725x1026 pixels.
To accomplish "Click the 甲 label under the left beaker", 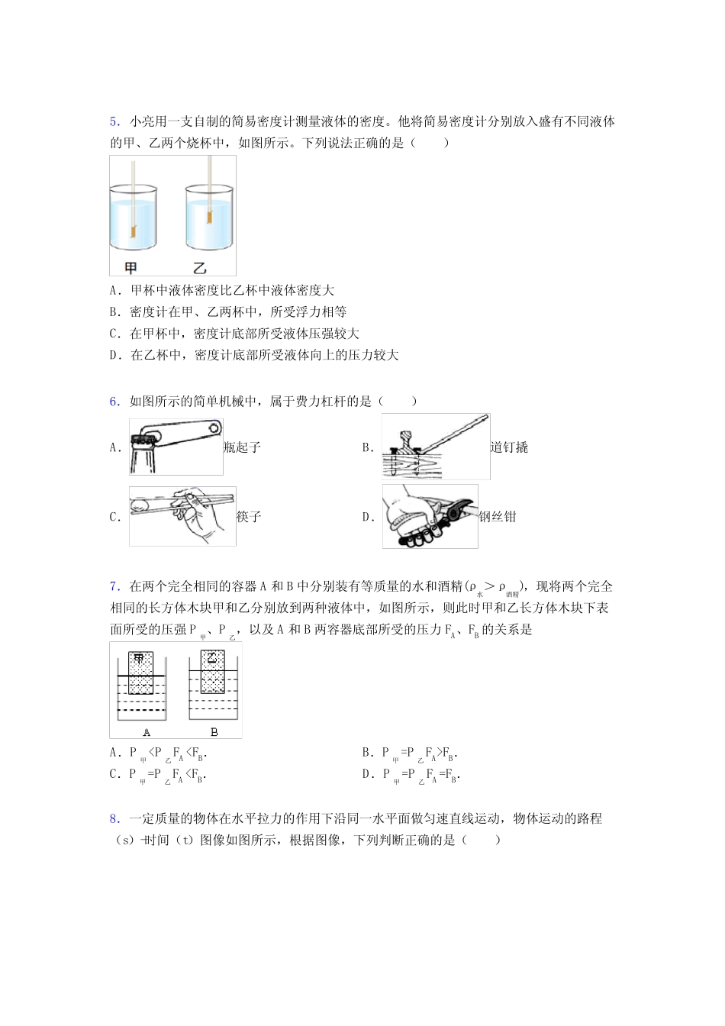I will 131,267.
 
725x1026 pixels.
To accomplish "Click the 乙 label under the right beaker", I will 199,267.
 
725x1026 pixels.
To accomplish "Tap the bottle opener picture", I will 176,447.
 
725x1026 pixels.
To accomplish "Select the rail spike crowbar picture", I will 435,447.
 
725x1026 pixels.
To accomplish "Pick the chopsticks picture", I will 182,516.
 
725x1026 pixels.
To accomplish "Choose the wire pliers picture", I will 430,516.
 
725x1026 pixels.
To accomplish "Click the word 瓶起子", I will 243,447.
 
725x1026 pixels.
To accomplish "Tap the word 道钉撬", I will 509,447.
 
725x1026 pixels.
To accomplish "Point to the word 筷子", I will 249,517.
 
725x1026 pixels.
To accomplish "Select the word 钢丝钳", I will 498,517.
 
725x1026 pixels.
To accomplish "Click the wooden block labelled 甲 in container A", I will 140,673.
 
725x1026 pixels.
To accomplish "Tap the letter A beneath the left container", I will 147,731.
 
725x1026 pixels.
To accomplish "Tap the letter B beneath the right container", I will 214,731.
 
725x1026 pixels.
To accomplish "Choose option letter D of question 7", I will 366,774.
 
